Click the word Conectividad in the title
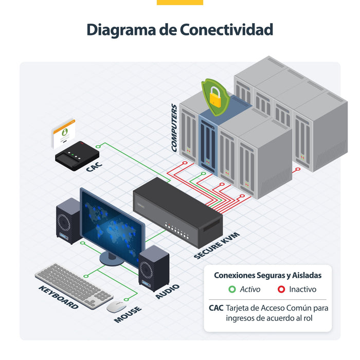(x=226, y=30)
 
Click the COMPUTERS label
(x=174, y=128)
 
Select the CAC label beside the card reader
(x=94, y=167)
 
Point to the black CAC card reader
(x=77, y=155)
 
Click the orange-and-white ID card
(x=63, y=134)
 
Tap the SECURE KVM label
(x=217, y=245)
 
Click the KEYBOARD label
(x=58, y=297)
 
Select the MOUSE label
(x=128, y=314)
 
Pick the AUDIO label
(x=167, y=292)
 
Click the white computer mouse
(x=116, y=307)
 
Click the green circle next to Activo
(x=232, y=289)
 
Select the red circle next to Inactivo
(x=281, y=289)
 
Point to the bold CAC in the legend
(x=216, y=308)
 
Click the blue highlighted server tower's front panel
(x=208, y=144)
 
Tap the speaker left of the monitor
(x=68, y=221)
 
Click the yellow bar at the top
(x=180, y=2)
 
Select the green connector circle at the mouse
(x=126, y=300)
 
